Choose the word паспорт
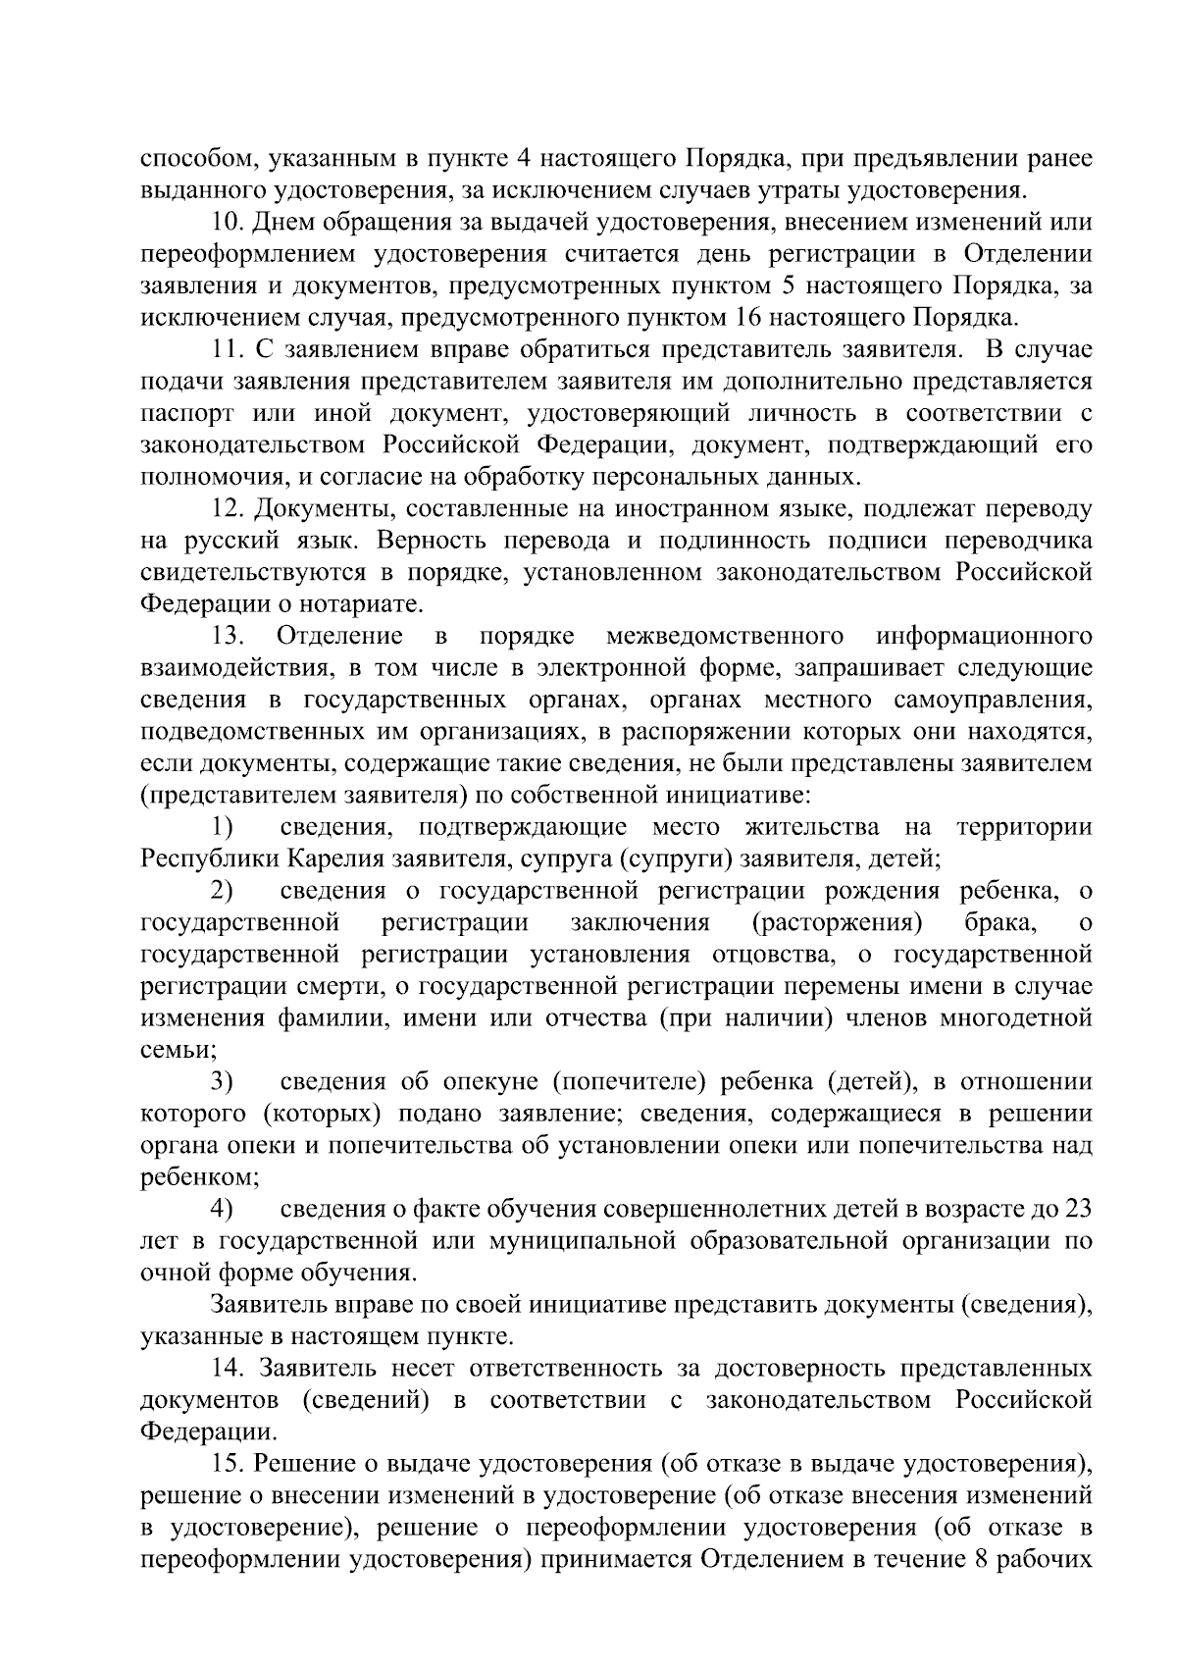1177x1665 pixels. (185, 414)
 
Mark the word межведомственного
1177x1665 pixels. (726, 636)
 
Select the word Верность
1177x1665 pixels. (431, 541)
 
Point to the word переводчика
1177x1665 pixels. (1017, 541)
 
